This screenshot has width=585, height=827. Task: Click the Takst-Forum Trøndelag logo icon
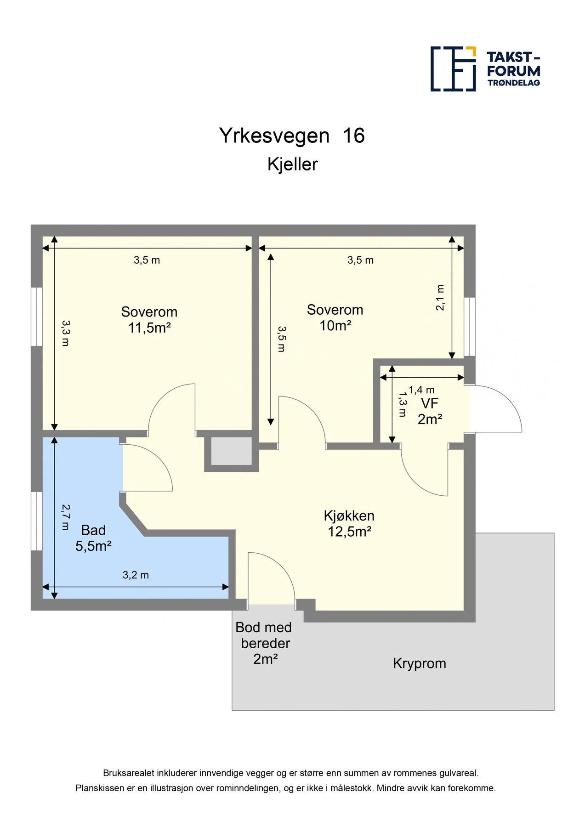pos(453,69)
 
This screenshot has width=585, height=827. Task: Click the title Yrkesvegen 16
pos(292,136)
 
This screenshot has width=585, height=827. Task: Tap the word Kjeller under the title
pos(293,164)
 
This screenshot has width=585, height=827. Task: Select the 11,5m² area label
pos(149,328)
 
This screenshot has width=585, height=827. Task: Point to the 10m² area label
pos(335,326)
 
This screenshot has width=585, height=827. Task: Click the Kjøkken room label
pos(349,515)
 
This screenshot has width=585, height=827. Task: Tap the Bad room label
pos(93,530)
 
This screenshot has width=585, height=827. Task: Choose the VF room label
pos(430,403)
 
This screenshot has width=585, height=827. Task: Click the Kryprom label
pos(420,663)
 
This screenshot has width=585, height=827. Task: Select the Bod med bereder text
pos(264,635)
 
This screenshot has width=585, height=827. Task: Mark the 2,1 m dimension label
pos(440,298)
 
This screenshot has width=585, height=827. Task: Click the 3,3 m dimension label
pos(65,333)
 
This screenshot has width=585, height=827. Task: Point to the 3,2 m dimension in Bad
pos(136,575)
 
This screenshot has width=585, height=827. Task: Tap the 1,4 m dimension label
pos(421,390)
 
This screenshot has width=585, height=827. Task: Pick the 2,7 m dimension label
pos(65,517)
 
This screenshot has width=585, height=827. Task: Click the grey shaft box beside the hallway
pos(232,451)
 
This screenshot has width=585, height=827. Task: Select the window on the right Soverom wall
pos(470,327)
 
